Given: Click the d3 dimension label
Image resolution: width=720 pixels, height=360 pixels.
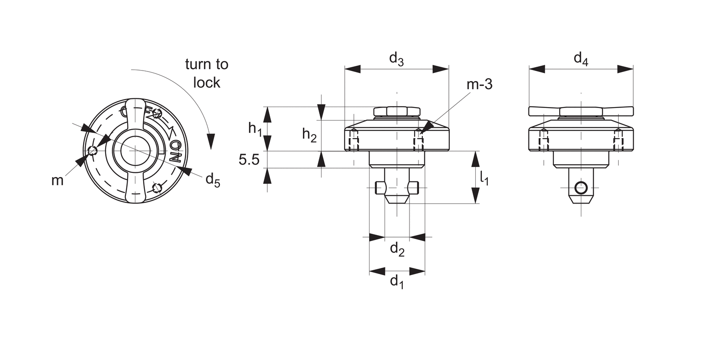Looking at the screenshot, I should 396,60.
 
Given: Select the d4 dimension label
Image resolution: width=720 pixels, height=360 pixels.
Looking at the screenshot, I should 581,60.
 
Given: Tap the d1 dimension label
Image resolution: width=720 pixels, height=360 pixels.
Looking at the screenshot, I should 396,282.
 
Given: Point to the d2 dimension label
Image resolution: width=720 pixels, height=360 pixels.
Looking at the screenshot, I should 396,249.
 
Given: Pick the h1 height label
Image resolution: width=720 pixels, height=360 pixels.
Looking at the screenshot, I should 255,129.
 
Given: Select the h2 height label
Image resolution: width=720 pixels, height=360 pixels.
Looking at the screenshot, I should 309,135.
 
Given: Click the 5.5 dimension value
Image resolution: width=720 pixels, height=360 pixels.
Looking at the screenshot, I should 249,160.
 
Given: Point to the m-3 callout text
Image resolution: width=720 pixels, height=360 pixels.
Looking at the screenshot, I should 479,85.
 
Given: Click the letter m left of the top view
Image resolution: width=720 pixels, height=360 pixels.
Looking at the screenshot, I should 58,180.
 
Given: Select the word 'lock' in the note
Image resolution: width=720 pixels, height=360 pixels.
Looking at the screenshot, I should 207,83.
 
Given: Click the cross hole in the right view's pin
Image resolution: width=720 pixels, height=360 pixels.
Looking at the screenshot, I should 581,188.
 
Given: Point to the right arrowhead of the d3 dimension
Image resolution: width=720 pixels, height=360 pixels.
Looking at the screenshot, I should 440,69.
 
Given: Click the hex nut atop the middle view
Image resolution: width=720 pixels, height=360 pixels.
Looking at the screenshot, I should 396,111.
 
